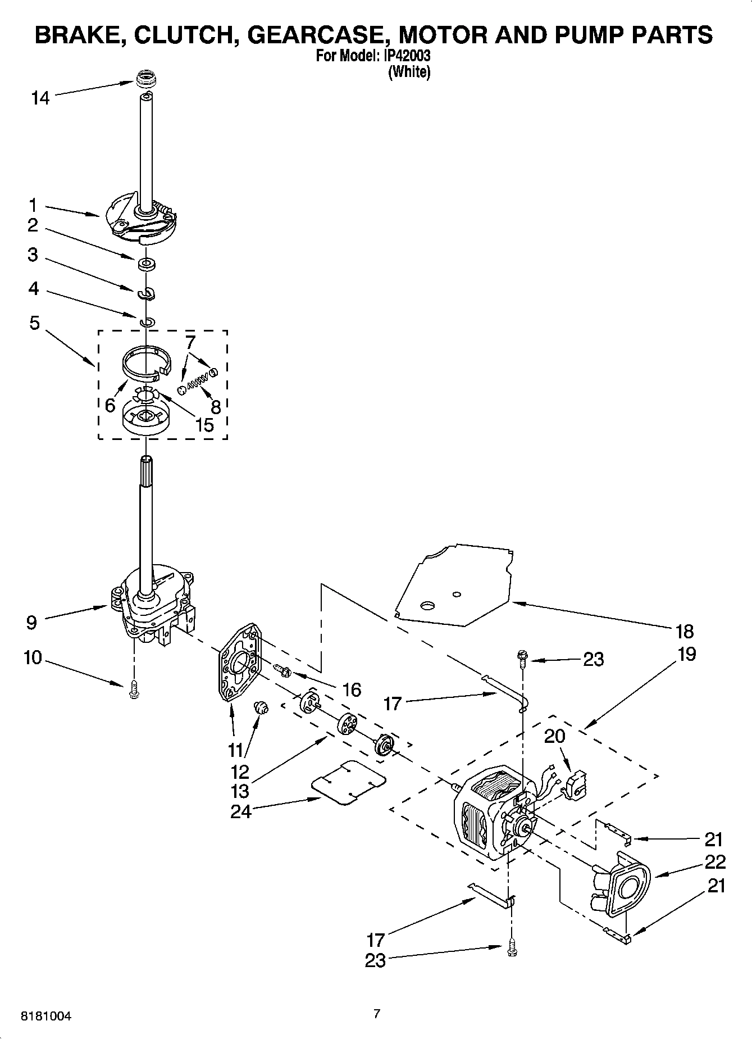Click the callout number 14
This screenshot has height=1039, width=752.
[40, 98]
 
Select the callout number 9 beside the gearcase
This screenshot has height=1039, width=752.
[31, 622]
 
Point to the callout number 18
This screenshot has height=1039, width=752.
[685, 631]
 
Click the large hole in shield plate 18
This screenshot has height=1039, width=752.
[428, 605]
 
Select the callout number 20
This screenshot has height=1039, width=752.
[554, 736]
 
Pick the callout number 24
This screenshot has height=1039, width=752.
[240, 811]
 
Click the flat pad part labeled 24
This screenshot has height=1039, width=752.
[349, 783]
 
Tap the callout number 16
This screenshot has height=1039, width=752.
[352, 689]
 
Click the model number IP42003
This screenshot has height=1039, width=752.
[409, 56]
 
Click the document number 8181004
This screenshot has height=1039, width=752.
[46, 1016]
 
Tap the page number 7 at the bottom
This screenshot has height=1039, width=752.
[377, 1014]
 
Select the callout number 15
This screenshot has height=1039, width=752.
[204, 425]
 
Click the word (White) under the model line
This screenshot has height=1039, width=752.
[409, 72]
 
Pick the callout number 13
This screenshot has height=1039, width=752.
[240, 791]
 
